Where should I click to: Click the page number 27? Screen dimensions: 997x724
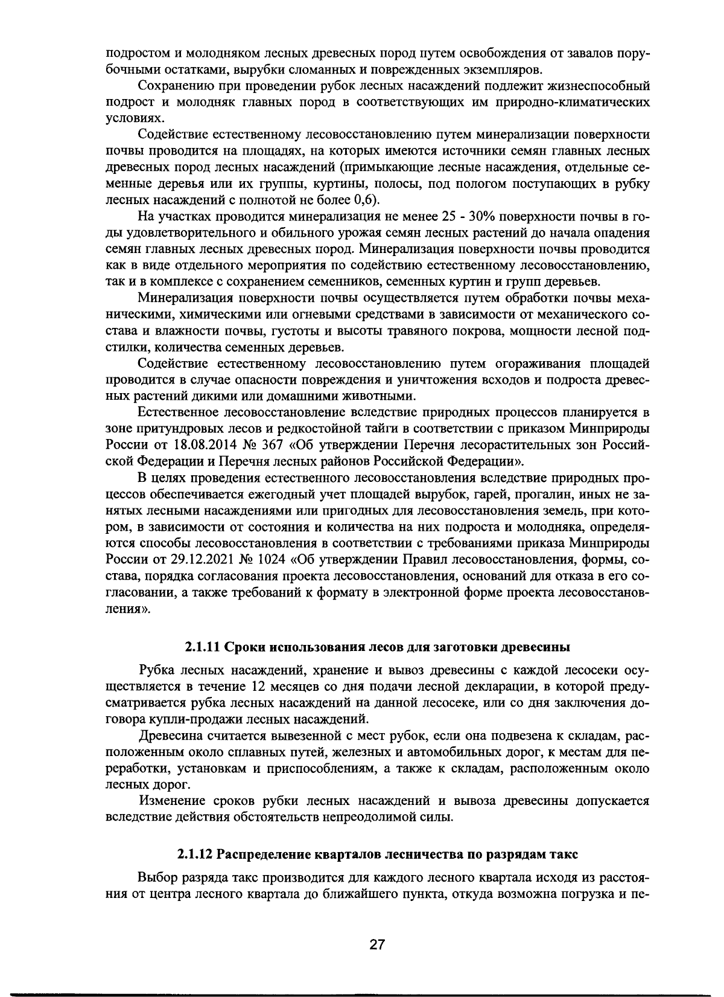377,945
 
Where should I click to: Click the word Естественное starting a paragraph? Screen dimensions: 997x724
177,413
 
